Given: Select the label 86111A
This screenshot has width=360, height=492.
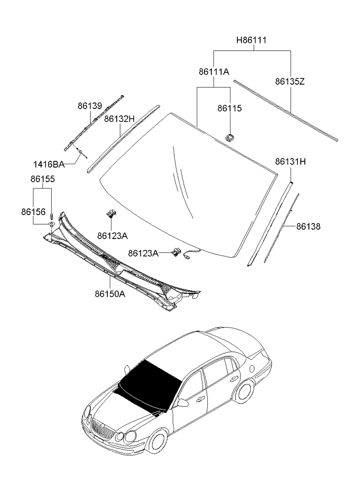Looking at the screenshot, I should (x=214, y=71).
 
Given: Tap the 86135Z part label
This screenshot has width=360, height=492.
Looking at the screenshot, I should (x=290, y=82).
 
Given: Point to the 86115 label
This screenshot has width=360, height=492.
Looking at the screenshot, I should (x=229, y=108).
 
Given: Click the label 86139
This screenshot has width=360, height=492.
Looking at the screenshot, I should (x=90, y=106).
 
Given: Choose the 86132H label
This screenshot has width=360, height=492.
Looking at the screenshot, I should (x=120, y=119).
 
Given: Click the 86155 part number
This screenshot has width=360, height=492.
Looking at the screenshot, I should (x=42, y=179).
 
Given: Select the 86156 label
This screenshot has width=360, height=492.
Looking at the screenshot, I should (x=34, y=212).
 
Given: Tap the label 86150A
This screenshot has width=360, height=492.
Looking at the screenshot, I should (x=110, y=294).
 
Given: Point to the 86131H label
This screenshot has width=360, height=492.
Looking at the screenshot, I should (x=290, y=161).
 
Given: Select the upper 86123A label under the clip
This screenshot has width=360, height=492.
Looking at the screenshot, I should (x=112, y=236).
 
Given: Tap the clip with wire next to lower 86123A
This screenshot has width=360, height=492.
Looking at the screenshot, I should (x=177, y=252).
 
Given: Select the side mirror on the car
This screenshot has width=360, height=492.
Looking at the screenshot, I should (x=183, y=402).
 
